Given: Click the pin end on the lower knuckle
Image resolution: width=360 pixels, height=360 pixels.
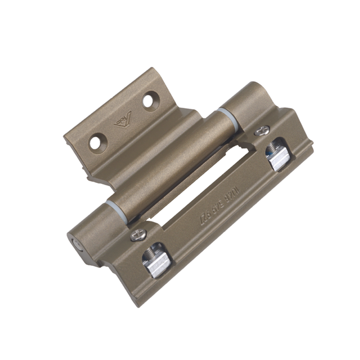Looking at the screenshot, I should (77, 246).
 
